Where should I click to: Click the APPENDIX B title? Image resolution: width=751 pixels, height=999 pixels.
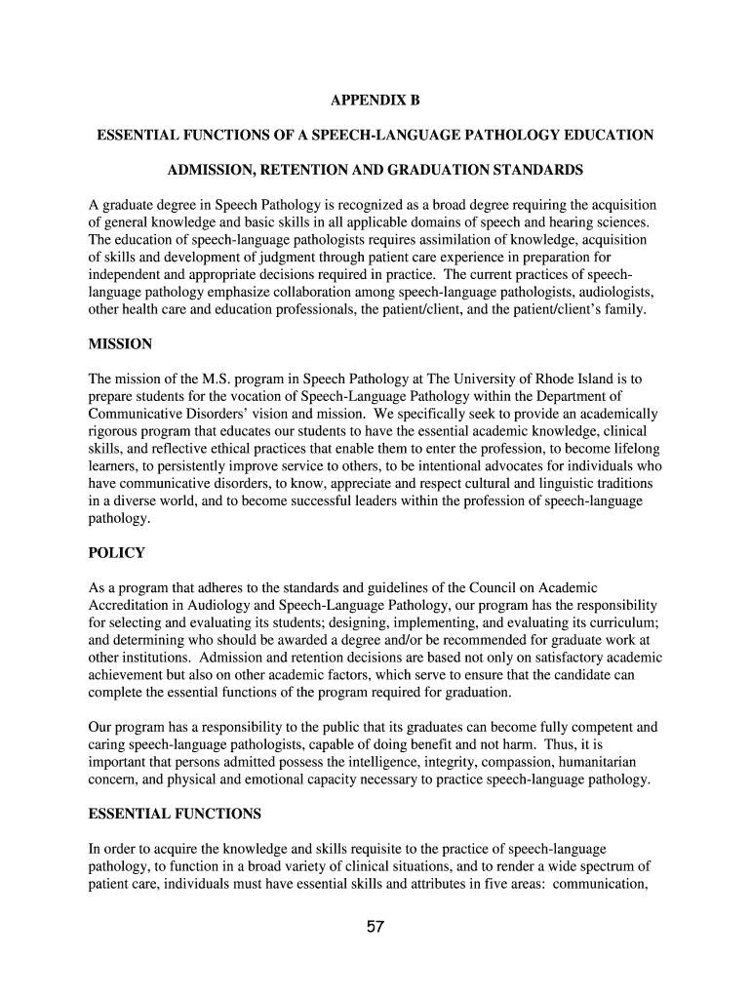375,100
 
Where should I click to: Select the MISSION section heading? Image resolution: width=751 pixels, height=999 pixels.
120,344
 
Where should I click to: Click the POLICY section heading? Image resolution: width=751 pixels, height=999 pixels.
116,553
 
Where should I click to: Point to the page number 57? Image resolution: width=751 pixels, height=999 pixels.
375,927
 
